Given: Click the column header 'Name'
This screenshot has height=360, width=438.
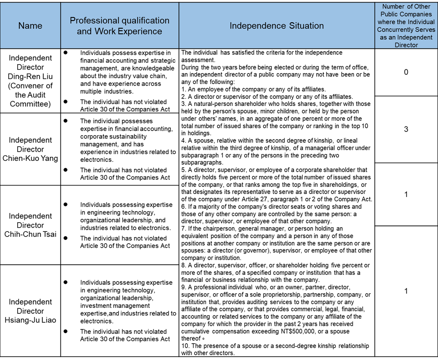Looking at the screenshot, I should coord(30,26).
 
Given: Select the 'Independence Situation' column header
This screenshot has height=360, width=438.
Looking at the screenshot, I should coord(276,26).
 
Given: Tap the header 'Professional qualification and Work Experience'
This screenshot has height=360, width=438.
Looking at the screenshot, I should coord(119,26).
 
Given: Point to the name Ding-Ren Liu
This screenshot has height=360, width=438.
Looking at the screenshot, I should coord(30,76).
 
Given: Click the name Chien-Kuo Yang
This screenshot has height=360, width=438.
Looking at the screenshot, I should coord(30,158).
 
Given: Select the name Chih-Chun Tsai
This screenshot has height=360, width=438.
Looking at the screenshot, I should coord(30,234).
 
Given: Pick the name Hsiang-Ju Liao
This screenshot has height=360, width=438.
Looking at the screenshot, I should coord(30,320).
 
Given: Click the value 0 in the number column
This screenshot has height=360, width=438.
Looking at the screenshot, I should coord(406,72).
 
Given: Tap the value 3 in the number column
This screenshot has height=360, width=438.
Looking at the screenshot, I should coord(406,129).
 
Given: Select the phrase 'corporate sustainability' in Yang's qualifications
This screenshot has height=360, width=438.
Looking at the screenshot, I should coord(113,137).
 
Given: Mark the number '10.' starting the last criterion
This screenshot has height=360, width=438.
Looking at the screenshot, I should coord(185,346).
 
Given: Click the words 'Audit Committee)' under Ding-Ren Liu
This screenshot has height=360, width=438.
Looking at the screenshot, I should coord(30,104).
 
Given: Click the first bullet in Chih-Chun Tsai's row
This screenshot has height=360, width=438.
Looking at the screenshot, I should coord(66,204).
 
